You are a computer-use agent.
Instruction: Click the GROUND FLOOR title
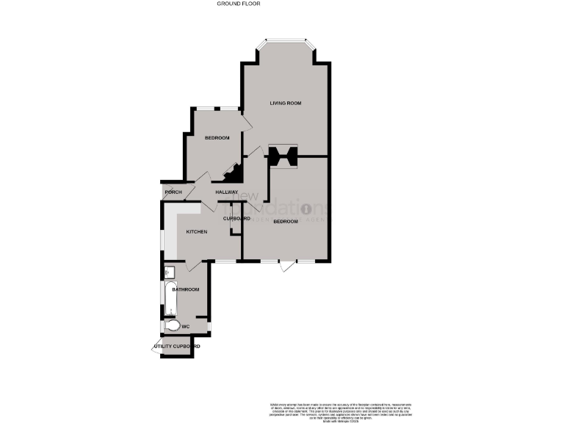[x=239, y=4]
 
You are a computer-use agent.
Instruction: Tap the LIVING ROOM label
[x=286, y=103]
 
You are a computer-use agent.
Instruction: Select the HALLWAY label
[x=227, y=192]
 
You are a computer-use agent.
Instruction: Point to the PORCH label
[x=173, y=192]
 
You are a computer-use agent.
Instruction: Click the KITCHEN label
[x=196, y=232]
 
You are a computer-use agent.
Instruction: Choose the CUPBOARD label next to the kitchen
[x=237, y=219]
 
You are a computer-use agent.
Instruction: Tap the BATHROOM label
[x=186, y=289]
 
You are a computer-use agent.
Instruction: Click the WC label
[x=186, y=326]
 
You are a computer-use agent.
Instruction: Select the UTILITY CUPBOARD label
[x=177, y=346]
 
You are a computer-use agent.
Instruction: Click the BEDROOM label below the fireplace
[x=286, y=221]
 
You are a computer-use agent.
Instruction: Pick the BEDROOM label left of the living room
[x=217, y=138]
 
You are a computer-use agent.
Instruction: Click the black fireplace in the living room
[x=282, y=156]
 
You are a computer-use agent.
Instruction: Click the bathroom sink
[x=169, y=270]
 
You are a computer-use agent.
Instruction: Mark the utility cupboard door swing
[x=155, y=350]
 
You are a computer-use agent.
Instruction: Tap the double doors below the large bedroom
[x=286, y=266]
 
